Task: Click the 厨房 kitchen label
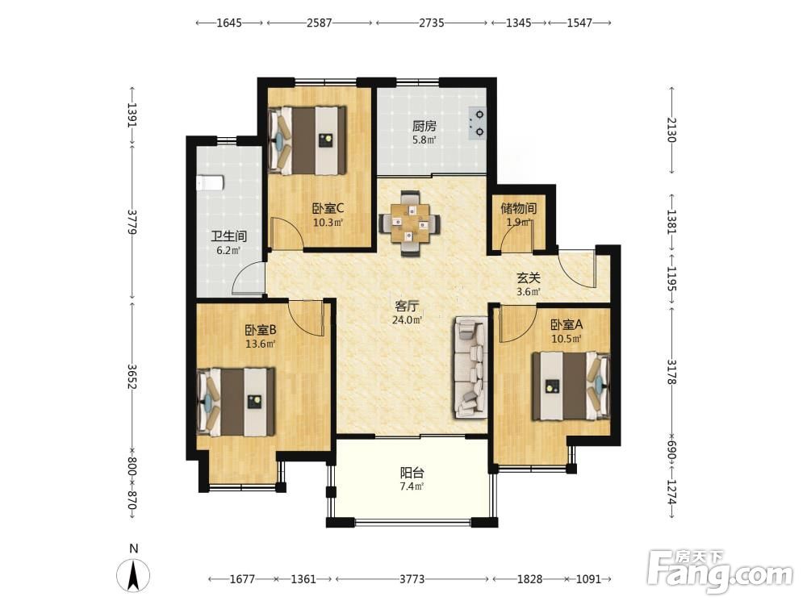424,126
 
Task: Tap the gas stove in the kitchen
477,123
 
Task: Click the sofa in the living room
470,367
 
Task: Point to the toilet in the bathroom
211,182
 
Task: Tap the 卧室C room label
328,208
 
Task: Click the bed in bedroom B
236,402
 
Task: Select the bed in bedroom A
571,386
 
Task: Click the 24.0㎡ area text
407,320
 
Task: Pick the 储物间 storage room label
519,208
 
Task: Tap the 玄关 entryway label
529,278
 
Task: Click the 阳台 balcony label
412,473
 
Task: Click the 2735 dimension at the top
431,23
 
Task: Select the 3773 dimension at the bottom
412,579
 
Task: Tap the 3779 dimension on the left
132,222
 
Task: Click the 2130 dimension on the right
671,130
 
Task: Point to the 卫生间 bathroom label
229,236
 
